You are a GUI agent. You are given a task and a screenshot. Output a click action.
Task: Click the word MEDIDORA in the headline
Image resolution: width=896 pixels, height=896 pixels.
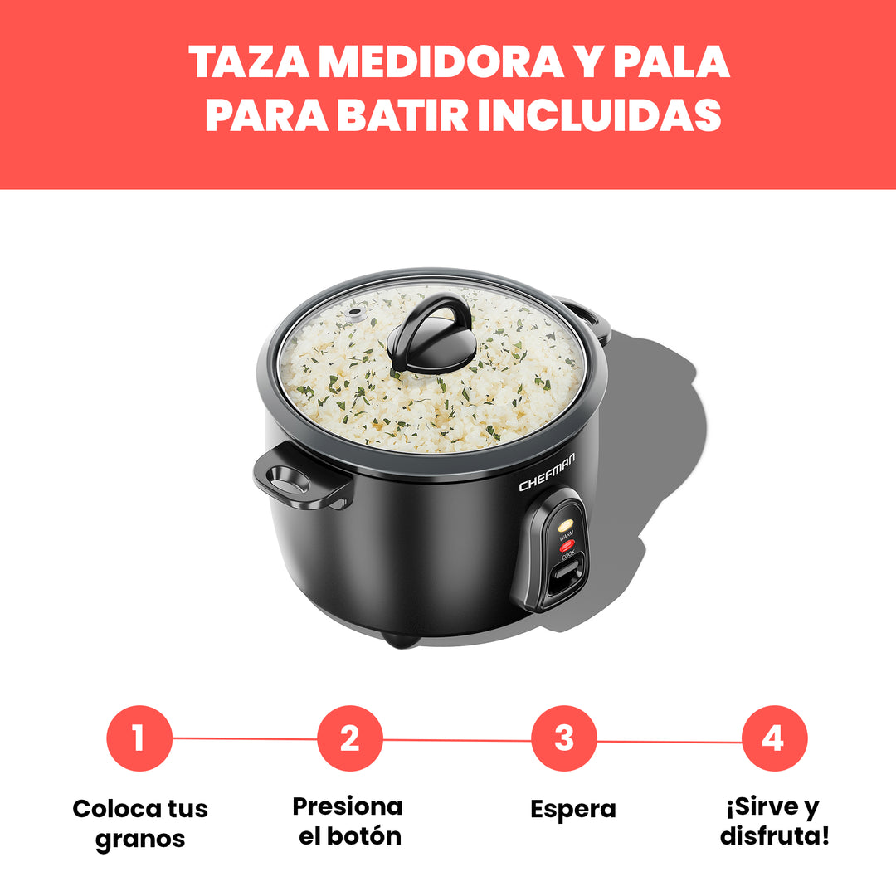pos(441,61)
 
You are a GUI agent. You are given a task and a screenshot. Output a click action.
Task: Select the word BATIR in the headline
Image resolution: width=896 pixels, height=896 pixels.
pos(402,114)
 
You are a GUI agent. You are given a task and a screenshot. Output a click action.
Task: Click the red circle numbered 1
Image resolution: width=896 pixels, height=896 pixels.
pos(139,738)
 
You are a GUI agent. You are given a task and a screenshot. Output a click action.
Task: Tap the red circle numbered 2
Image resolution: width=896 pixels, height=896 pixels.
pos(350,738)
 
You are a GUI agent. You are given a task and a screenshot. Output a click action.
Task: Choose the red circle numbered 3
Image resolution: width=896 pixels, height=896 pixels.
pos(564,738)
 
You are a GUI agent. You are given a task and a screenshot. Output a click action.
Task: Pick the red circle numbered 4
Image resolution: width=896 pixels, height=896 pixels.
pos(774,738)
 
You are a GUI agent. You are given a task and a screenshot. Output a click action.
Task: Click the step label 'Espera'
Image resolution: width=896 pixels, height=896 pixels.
pos(573,810)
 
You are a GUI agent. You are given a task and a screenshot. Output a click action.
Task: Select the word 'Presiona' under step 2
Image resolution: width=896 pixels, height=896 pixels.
pos(348,806)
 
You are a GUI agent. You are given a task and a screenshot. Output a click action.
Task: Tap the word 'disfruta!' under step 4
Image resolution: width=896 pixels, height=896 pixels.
pos(774,835)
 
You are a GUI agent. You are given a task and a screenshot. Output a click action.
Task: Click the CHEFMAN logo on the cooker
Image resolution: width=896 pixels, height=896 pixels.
pos(547,472)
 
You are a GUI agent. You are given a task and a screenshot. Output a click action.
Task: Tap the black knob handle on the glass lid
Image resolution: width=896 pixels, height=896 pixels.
pos(431,335)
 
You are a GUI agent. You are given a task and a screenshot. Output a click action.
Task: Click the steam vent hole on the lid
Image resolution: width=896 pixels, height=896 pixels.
pos(356,314)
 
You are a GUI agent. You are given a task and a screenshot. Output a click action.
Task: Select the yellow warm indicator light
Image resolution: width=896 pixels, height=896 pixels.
pos(566,524)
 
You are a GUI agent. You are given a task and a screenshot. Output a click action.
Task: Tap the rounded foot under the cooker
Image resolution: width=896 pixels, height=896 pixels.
pos(400,640)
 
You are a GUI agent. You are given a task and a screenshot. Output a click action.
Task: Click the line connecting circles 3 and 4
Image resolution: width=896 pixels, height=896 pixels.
pos(670,742)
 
